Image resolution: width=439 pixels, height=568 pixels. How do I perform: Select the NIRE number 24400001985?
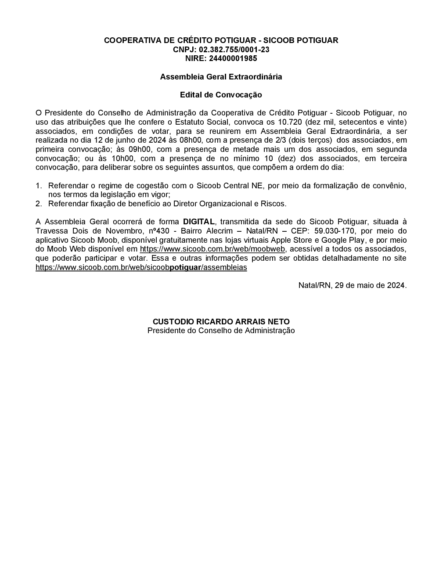click(233, 58)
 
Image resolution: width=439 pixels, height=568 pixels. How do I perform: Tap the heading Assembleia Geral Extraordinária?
click(221, 77)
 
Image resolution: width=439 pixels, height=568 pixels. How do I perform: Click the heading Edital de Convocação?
click(221, 95)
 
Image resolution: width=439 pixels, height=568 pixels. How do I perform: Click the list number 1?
click(39, 186)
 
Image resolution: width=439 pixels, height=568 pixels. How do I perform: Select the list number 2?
click(39, 204)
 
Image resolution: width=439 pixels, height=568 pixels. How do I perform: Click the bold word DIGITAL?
click(199, 222)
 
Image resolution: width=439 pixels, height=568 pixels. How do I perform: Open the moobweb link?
click(212, 249)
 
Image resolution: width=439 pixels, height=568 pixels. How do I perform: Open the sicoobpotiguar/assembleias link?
click(141, 267)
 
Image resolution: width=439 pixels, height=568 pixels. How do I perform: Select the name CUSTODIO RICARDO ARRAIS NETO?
click(221, 322)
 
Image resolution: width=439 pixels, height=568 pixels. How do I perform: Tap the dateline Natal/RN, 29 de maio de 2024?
click(353, 285)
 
